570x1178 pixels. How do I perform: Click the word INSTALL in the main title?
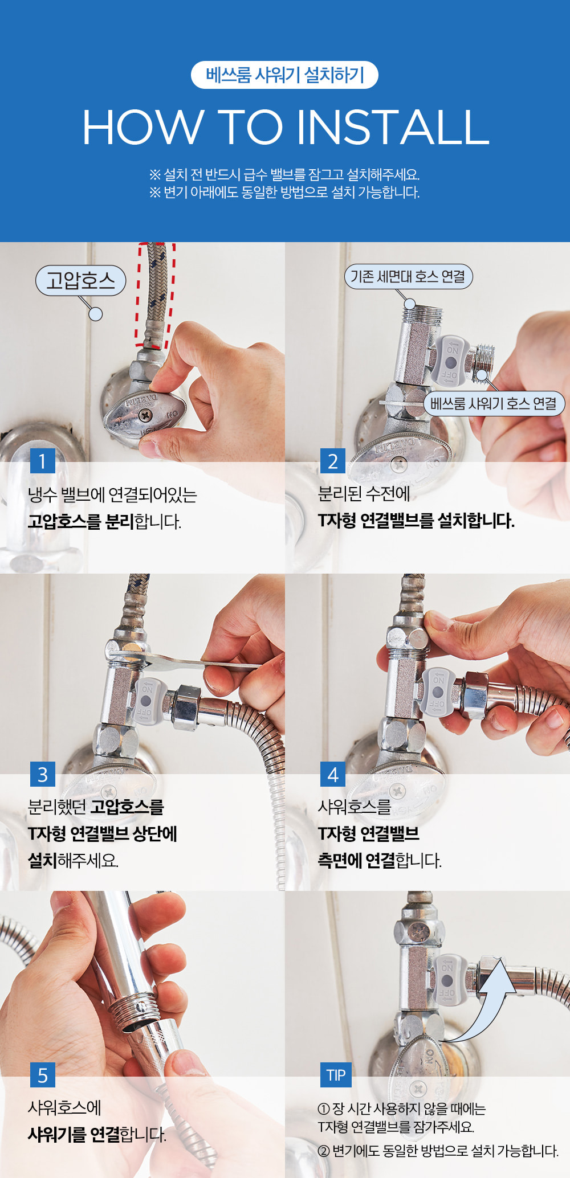coord(393,127)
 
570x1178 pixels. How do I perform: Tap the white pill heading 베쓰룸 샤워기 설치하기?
coord(284,75)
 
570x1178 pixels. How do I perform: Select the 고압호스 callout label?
coord(80,280)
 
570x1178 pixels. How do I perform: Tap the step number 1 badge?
coord(43,460)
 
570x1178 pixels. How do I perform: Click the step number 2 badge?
coord(333,460)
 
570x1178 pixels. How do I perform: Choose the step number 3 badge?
coord(43,774)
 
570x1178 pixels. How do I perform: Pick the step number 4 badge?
coord(333,774)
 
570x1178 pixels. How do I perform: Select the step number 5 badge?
coord(43,1075)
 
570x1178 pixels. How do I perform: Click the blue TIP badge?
coord(336,1075)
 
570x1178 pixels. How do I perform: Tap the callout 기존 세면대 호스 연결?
coord(408,277)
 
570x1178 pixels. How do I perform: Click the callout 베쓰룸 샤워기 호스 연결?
coord(494,404)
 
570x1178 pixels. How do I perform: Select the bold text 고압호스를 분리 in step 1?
coord(81,521)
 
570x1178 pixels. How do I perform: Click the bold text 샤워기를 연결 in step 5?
coord(74,1134)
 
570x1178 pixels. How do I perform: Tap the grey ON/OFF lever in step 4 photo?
coord(438,693)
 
